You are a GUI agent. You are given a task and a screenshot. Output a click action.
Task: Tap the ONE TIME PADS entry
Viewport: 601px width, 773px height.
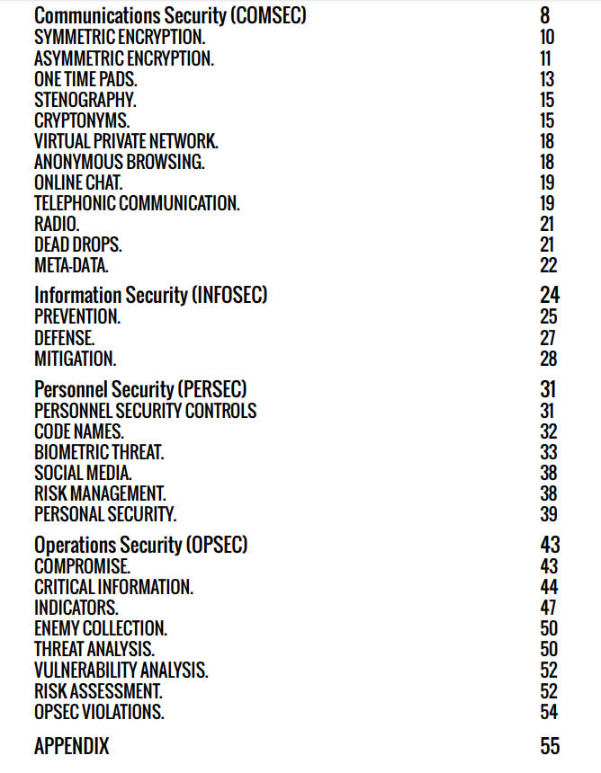[x=86, y=79]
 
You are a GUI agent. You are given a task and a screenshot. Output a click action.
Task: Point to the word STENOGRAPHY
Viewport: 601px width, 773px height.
[x=85, y=100]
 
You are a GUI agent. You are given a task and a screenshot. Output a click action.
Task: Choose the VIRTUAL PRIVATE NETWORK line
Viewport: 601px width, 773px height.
[x=126, y=141]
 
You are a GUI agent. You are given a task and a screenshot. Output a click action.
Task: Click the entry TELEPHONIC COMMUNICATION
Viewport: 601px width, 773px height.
[x=137, y=203]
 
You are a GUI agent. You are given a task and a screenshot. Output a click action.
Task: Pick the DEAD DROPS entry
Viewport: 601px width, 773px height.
[x=78, y=244]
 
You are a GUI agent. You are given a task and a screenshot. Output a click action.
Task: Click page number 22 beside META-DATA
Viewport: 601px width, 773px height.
[x=548, y=265]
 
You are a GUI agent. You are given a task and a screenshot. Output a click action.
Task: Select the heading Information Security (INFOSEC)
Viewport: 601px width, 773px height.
[x=151, y=295]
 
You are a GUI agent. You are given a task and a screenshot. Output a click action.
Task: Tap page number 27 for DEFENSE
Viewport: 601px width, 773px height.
[x=548, y=338]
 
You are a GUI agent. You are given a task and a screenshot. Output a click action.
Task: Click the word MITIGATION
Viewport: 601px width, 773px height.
[x=76, y=359]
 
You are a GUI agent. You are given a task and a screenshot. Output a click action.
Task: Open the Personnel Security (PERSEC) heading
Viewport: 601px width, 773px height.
[x=140, y=389]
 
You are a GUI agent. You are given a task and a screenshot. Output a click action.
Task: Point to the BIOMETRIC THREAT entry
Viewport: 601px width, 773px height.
[x=99, y=452]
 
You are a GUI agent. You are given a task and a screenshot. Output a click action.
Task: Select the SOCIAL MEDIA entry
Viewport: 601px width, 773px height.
[x=84, y=473]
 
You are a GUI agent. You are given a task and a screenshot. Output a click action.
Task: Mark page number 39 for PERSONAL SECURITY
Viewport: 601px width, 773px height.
[x=548, y=514]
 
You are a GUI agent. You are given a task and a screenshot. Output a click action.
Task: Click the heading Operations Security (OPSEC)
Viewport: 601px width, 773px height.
[x=140, y=545]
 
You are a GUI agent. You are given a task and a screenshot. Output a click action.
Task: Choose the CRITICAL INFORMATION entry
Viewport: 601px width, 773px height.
[x=113, y=587]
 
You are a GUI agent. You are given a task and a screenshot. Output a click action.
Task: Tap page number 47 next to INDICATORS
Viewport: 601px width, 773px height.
[x=548, y=608]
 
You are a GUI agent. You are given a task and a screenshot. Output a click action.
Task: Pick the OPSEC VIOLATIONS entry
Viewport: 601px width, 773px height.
[x=99, y=712]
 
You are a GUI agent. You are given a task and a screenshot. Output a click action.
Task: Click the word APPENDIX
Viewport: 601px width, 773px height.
[x=72, y=747]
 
